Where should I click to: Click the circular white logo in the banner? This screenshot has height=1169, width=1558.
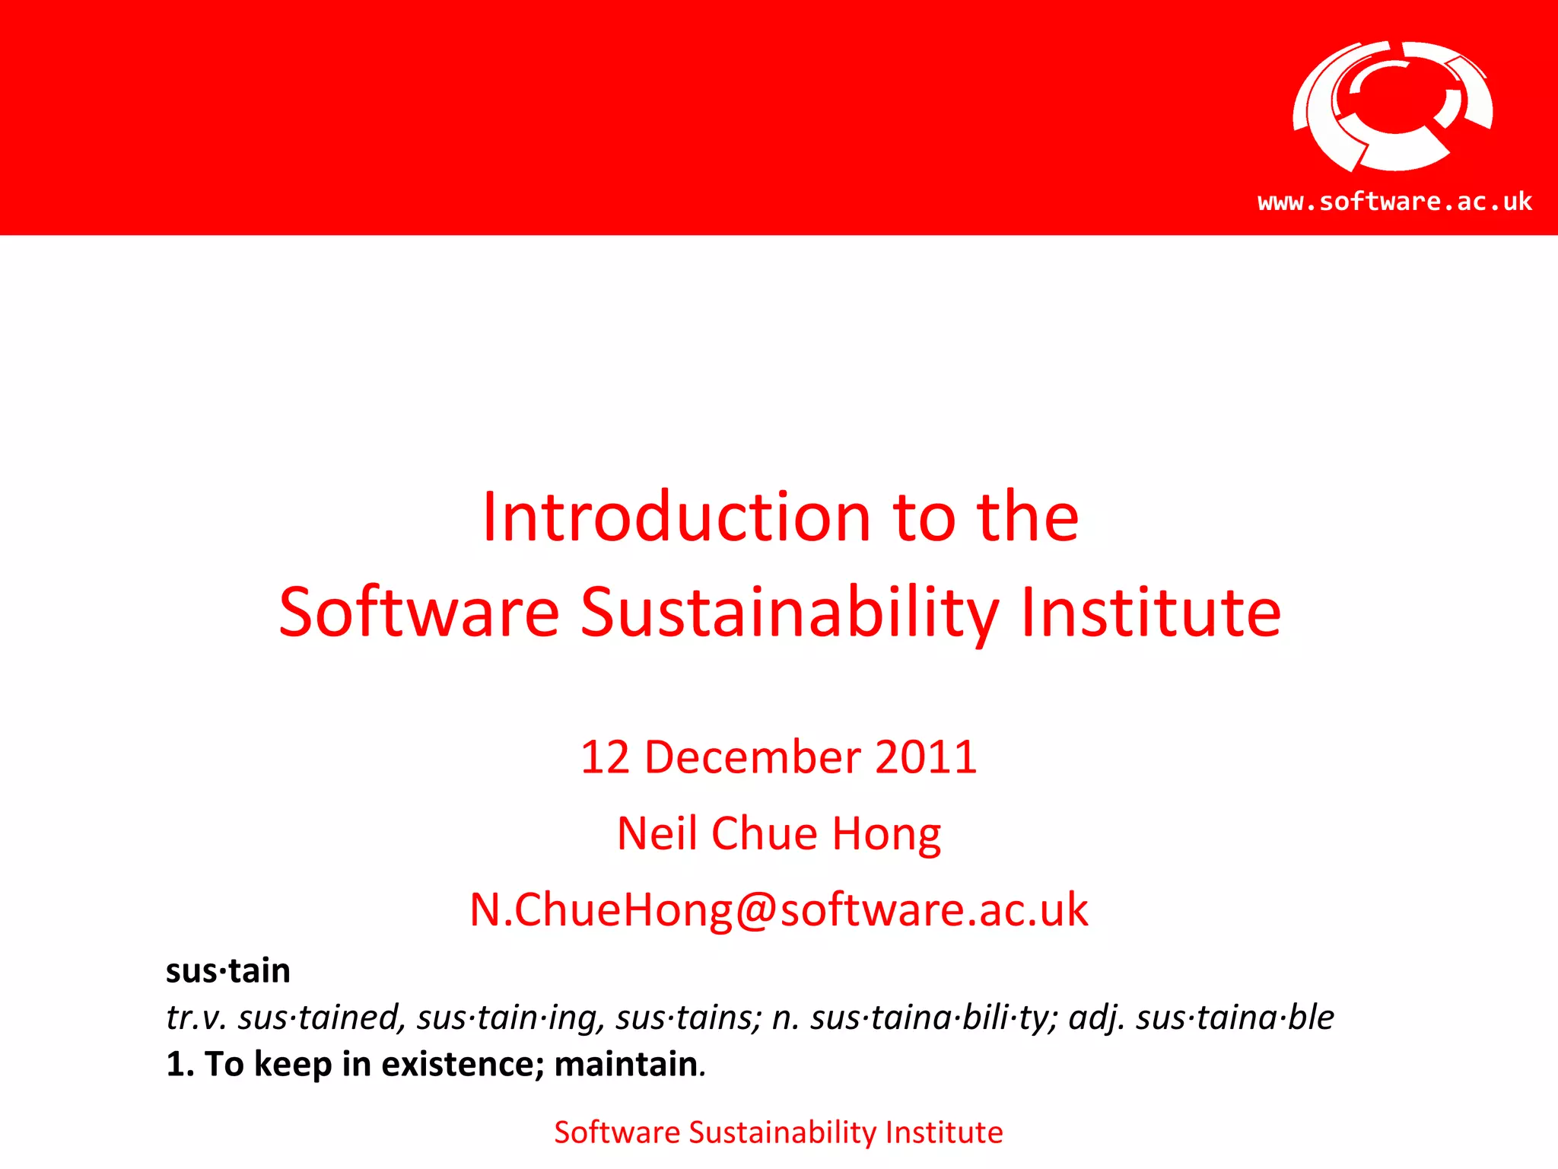click(1392, 106)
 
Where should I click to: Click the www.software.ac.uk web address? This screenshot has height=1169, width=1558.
click(1394, 202)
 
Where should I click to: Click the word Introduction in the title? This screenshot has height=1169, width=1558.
click(676, 518)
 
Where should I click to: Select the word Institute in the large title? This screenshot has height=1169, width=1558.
click(1150, 613)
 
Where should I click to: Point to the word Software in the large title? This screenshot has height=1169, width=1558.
click(419, 613)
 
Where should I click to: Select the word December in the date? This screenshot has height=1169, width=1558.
click(752, 757)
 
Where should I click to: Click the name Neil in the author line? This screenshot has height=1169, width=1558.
click(657, 833)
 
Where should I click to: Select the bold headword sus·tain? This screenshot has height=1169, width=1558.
click(228, 971)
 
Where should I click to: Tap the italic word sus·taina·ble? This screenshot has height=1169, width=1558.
click(1235, 1018)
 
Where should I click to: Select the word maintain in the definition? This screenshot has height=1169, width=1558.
click(626, 1064)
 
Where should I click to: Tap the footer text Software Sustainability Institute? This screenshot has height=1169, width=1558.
click(778, 1132)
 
